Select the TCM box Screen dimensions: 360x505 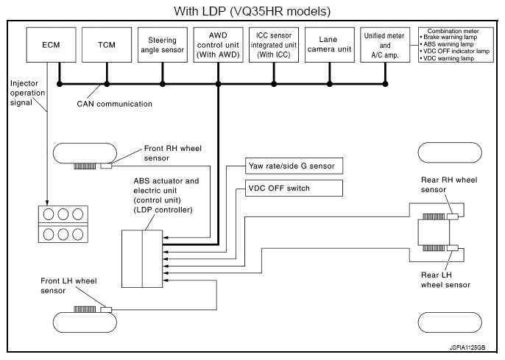(107, 45)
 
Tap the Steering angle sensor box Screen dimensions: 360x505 (163, 45)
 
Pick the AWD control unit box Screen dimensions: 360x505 (218, 45)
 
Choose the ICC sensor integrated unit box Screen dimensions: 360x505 (274, 45)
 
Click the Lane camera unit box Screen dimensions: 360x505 (329, 45)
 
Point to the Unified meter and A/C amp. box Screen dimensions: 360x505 (385, 45)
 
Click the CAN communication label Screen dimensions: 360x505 (115, 104)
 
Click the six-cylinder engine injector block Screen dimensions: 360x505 (62, 223)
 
